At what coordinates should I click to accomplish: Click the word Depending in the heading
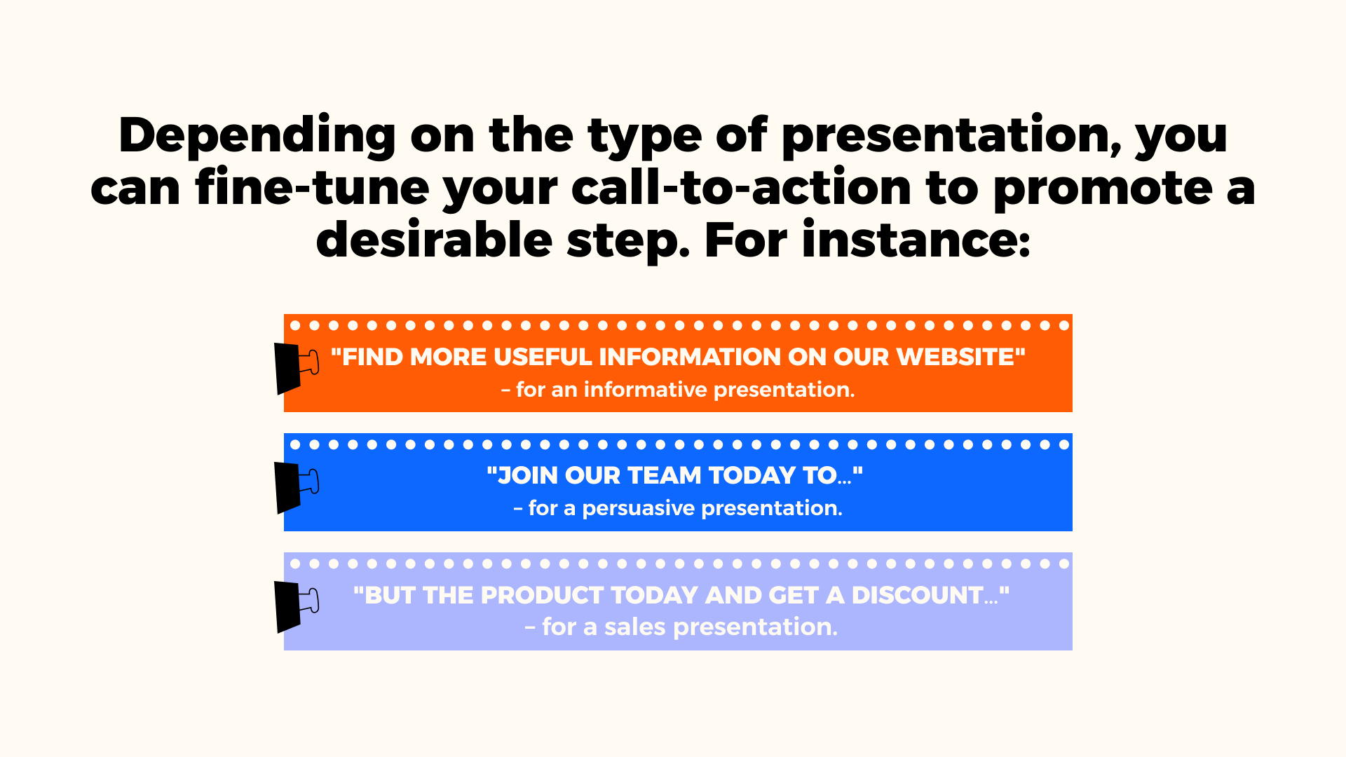click(x=257, y=135)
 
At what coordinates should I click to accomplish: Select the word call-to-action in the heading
click(x=742, y=187)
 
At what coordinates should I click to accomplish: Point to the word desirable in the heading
click(x=434, y=240)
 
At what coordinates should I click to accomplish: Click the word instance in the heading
click(x=916, y=240)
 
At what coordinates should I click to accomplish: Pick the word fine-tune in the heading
click(x=312, y=187)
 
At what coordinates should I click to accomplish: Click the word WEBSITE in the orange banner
click(x=956, y=357)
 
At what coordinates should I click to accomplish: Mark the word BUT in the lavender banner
click(x=390, y=595)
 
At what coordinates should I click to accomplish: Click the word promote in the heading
click(x=1103, y=187)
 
